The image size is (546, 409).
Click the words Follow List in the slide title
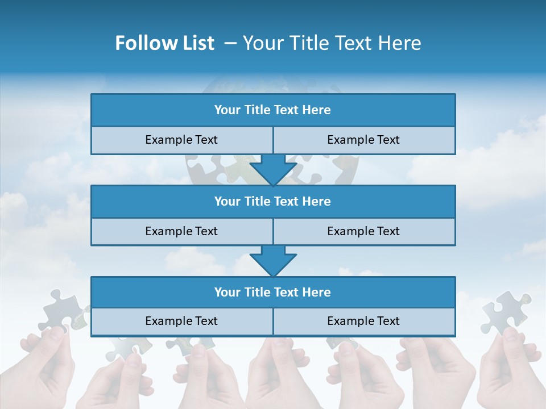164,43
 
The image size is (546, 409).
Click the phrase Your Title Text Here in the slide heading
332,43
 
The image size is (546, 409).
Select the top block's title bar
273,110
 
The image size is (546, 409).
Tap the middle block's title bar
273,201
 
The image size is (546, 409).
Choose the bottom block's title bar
273,292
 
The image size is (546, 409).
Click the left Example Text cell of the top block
181,140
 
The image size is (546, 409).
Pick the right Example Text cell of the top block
363,140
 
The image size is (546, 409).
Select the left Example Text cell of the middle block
181,231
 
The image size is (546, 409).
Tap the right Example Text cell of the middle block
363,231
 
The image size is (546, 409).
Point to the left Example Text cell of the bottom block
181,321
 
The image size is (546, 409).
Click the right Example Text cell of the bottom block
363,321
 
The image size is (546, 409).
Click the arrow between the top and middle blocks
273,170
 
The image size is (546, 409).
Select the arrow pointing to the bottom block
273,261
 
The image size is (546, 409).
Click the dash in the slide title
230,43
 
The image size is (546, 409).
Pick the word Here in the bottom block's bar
317,292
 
